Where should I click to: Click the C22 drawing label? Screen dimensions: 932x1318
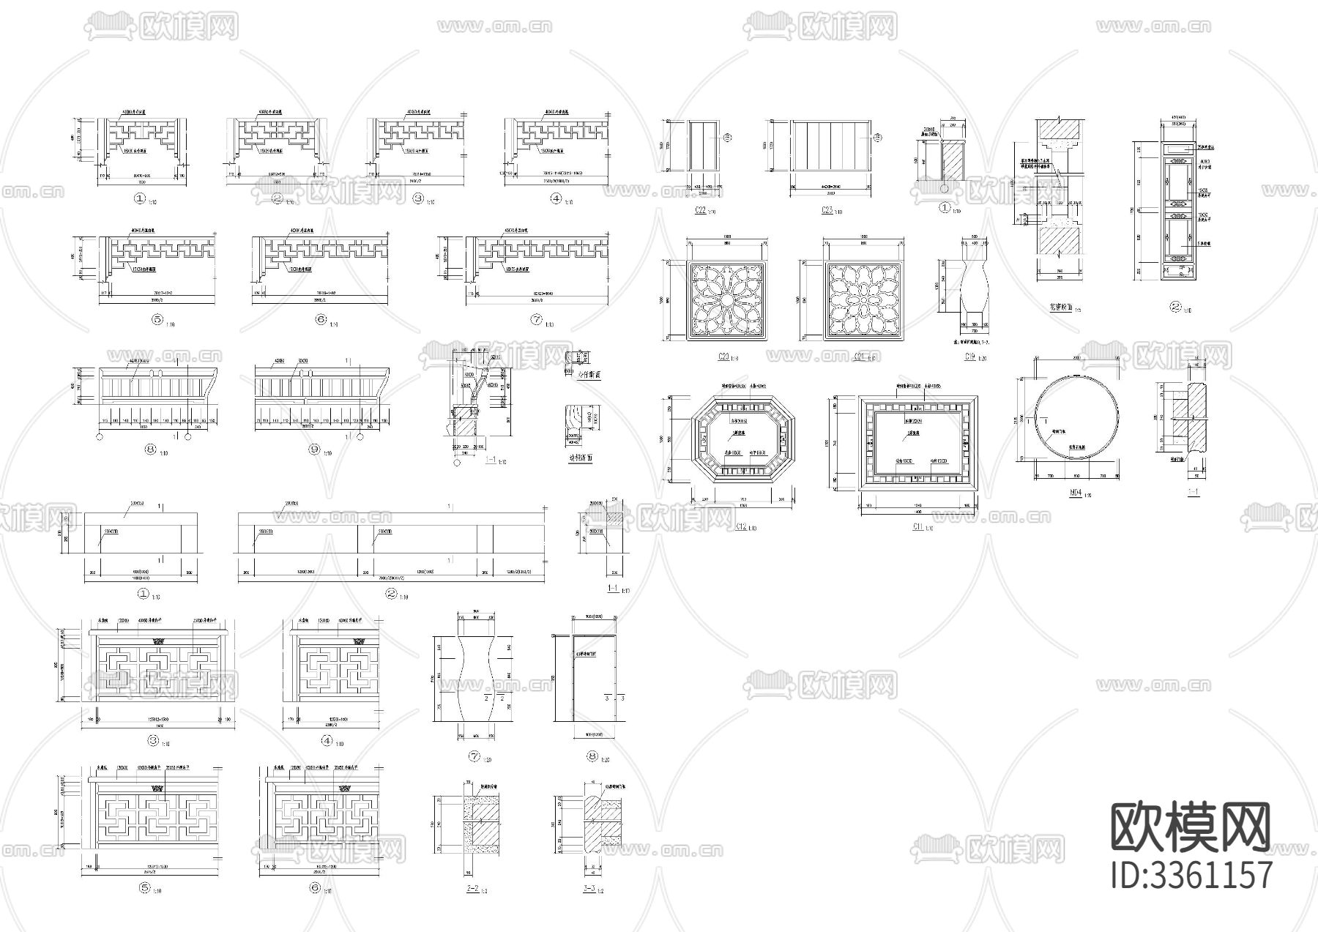tap(700, 210)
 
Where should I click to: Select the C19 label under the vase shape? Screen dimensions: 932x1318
tap(970, 357)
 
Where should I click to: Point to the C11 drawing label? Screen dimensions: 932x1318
tap(915, 526)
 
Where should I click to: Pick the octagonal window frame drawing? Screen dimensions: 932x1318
tap(744, 438)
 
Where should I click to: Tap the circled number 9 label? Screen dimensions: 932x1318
tap(315, 450)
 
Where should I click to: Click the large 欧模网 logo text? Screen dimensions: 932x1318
tap(1190, 828)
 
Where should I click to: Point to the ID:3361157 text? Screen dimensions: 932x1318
tap(1190, 875)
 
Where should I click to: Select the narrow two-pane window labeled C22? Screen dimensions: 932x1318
tap(703, 146)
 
